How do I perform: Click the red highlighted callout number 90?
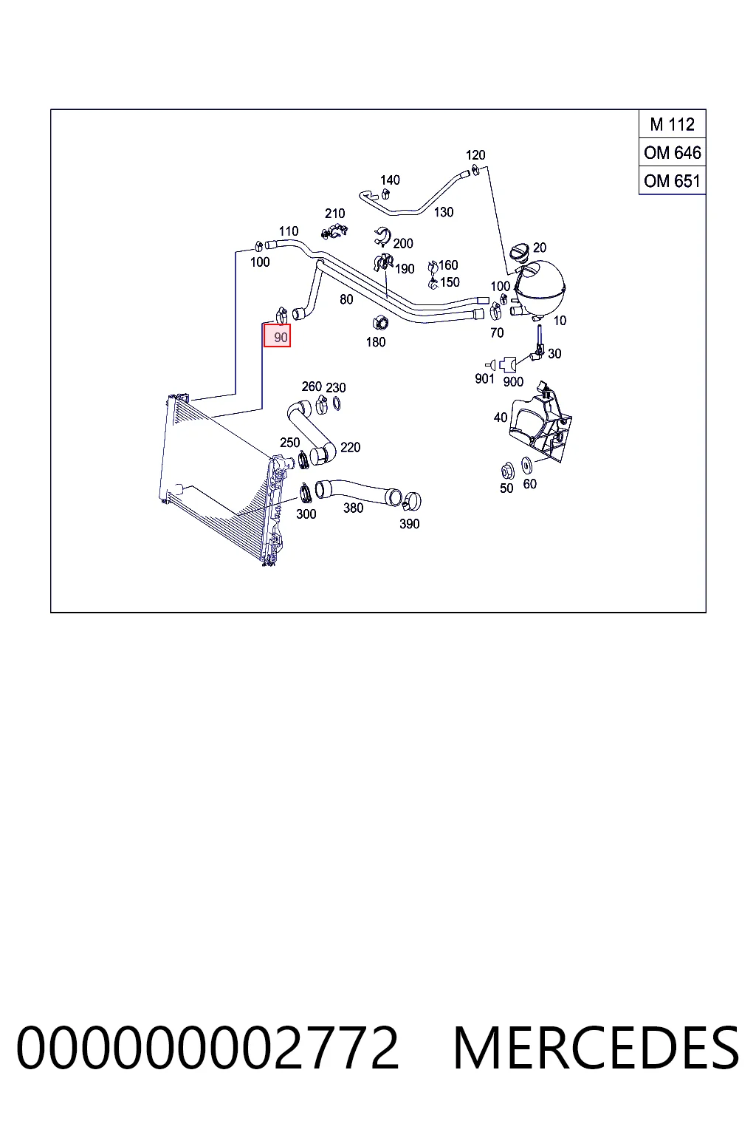(x=277, y=336)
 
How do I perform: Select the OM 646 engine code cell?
(x=672, y=152)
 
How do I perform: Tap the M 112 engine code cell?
(x=672, y=124)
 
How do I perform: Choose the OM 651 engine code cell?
(x=672, y=181)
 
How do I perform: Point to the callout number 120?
(x=475, y=155)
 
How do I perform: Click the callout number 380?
(x=353, y=508)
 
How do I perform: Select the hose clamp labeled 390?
(x=413, y=501)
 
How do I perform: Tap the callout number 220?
(x=351, y=447)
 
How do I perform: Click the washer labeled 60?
(x=526, y=464)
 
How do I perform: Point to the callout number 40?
(x=501, y=417)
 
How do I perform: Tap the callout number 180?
(x=376, y=342)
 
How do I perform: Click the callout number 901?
(x=484, y=378)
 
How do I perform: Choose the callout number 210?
(x=334, y=214)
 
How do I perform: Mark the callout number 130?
(x=444, y=212)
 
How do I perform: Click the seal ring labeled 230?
(x=337, y=404)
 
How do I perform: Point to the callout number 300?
(x=306, y=514)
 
